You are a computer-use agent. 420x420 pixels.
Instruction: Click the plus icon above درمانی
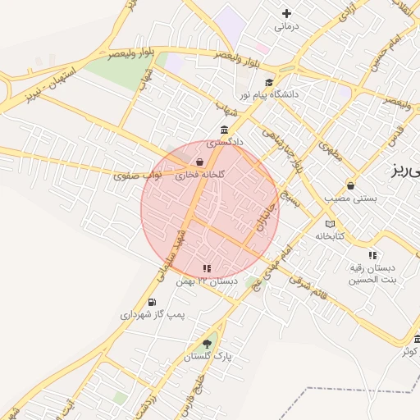click(286, 13)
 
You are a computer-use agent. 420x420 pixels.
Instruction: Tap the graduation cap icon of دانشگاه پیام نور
click(269, 82)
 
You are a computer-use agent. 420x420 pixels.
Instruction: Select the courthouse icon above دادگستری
click(224, 130)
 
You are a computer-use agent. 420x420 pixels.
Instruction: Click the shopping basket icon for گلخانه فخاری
click(200, 162)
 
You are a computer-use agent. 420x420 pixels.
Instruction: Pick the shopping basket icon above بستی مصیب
click(351, 185)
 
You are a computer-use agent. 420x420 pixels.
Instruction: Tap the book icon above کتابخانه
click(330, 223)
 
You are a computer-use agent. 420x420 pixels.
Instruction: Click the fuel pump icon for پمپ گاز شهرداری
click(153, 302)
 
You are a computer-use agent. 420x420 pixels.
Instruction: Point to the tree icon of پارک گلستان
click(207, 345)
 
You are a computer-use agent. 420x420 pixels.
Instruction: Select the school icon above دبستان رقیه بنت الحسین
click(372, 255)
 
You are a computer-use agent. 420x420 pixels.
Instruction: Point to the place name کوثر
click(408, 352)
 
